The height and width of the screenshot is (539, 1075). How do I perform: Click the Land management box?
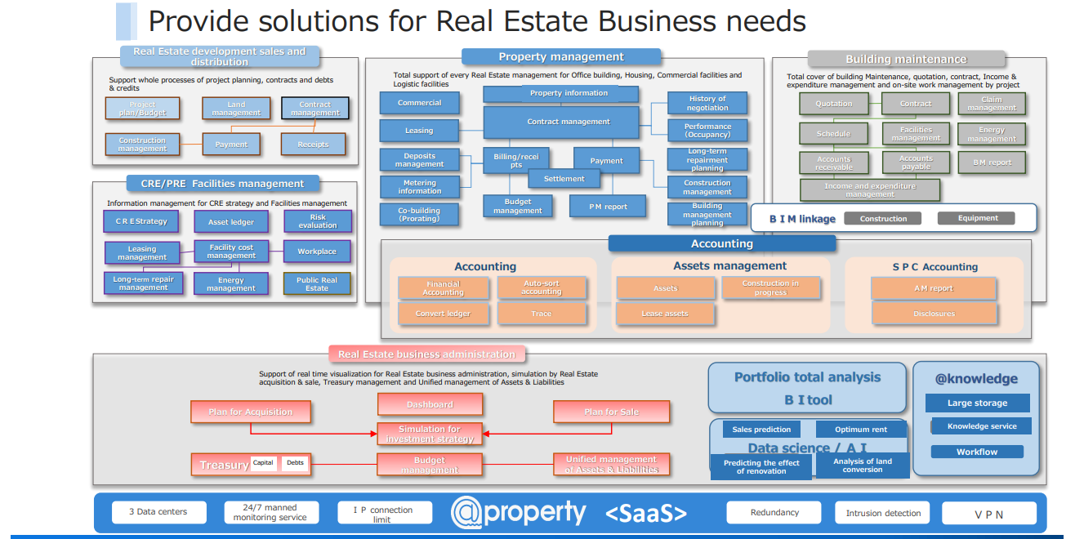pos(236,109)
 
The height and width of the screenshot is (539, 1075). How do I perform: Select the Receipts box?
pos(313,145)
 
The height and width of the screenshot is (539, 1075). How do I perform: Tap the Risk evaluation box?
pos(318,221)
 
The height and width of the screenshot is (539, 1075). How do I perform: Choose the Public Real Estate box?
pos(317,283)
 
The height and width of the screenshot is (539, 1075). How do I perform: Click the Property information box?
pos(569,93)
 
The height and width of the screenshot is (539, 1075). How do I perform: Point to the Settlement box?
pos(564,179)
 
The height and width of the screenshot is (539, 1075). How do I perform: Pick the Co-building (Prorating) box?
pos(419,215)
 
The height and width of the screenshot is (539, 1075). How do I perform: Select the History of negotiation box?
pos(707,103)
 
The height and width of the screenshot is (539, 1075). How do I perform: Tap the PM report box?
pos(609,207)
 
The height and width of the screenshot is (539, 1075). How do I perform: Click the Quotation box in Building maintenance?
pos(834,104)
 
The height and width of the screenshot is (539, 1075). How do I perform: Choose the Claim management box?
pos(992,104)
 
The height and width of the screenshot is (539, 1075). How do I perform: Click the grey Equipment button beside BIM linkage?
pos(978,218)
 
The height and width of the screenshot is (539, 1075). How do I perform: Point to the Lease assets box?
pos(665,314)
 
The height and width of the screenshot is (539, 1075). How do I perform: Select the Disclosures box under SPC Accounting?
pos(934,314)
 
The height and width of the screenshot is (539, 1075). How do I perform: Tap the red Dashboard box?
pos(430,404)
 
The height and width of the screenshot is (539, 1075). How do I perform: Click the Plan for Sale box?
pos(611,412)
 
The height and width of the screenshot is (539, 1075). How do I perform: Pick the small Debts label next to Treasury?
pos(295,463)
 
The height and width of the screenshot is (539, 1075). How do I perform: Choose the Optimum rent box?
pos(861,430)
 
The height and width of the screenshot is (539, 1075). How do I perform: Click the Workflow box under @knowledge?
pos(977,452)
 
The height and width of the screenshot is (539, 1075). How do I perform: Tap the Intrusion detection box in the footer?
pos(882,513)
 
